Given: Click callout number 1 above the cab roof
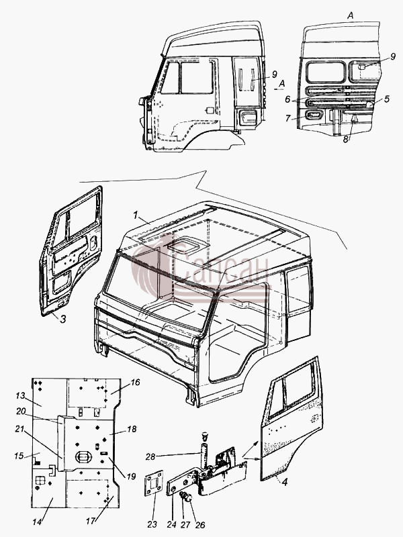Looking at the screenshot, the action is click(x=136, y=215).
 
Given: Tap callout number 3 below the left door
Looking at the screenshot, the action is click(x=63, y=320).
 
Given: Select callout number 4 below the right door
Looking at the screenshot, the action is click(x=284, y=482).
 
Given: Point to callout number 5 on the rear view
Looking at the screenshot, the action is click(x=387, y=99).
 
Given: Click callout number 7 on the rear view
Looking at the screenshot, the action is click(x=288, y=119).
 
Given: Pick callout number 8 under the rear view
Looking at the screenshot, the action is click(x=346, y=140).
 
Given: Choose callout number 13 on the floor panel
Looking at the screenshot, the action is click(x=21, y=395).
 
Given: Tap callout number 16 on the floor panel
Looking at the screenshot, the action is click(x=136, y=382).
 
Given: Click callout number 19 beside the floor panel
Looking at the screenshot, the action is click(x=131, y=477).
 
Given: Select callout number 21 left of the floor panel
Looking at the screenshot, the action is click(x=19, y=429).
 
